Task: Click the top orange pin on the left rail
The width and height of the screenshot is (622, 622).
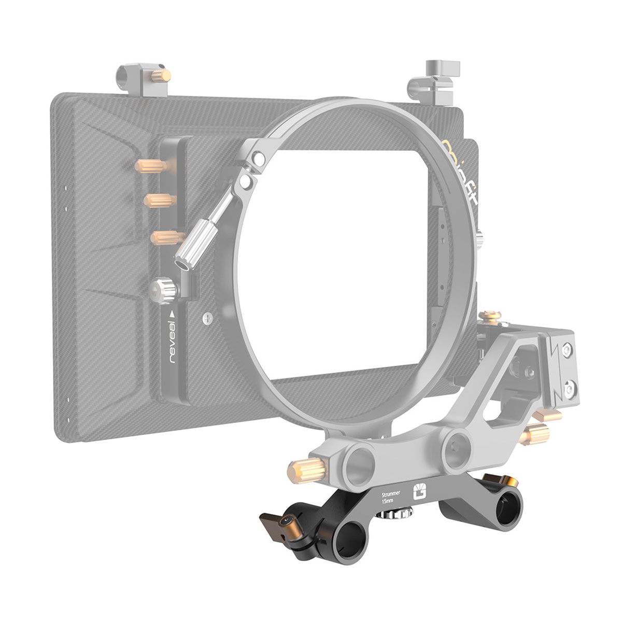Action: tap(149, 166)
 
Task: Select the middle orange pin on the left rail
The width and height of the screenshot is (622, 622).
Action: tap(157, 200)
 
